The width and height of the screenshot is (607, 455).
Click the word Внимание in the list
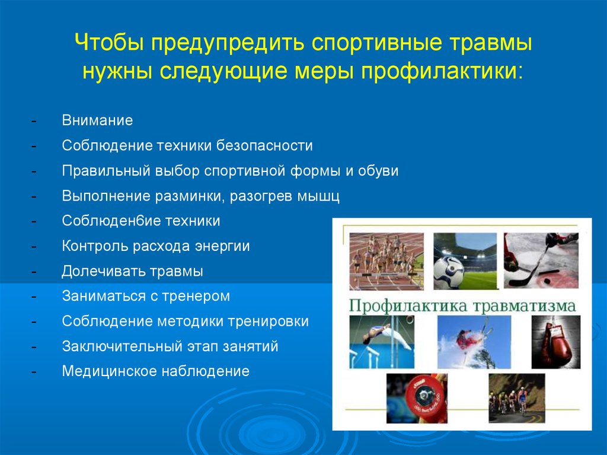click(x=97, y=120)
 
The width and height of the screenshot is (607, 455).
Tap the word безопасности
click(x=264, y=146)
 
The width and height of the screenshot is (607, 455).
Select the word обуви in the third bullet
click(x=378, y=171)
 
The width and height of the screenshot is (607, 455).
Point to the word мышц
click(x=318, y=196)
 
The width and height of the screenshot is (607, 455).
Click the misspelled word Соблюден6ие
click(x=111, y=221)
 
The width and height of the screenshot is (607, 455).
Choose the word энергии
click(x=222, y=246)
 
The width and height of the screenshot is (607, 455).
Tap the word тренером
click(x=196, y=297)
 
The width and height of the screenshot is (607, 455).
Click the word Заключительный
click(x=122, y=346)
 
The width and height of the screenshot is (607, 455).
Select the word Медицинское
click(x=109, y=371)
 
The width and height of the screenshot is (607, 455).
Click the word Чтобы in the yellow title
click(x=109, y=42)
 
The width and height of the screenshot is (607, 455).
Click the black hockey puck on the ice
click(x=547, y=280)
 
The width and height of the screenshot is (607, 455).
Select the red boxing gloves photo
click(x=556, y=342)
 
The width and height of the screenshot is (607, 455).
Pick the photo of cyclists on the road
click(x=517, y=398)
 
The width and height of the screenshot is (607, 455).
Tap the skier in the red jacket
click(x=465, y=340)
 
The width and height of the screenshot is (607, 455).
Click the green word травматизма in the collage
click(x=524, y=306)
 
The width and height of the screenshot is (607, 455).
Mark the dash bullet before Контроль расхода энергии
click(x=34, y=247)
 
